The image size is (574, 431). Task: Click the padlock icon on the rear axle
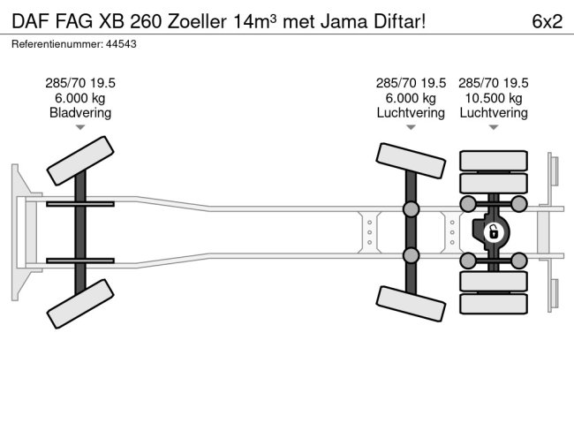tap(493, 232)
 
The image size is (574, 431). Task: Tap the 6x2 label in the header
tap(547, 21)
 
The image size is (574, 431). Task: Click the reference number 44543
tap(120, 43)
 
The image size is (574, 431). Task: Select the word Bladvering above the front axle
tap(80, 113)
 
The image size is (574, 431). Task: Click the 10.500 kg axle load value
tap(493, 98)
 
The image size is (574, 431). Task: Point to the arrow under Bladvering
tap(80, 128)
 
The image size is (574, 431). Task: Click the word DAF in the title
tap(29, 21)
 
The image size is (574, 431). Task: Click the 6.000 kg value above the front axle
tap(80, 98)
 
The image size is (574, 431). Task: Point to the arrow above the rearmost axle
tap(493, 128)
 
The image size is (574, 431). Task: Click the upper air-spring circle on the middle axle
tap(411, 209)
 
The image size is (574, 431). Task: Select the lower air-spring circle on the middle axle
tap(411, 256)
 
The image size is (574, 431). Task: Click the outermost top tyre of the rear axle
tap(493, 160)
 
